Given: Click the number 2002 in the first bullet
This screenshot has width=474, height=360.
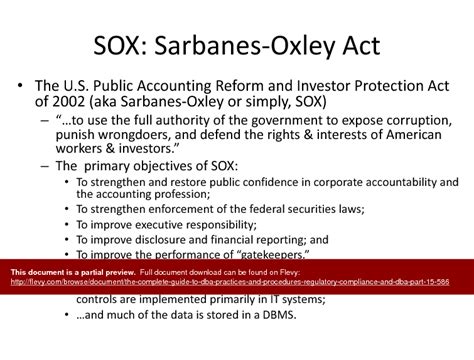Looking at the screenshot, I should (x=68, y=103).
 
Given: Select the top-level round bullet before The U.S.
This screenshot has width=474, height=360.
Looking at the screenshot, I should (x=20, y=87).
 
